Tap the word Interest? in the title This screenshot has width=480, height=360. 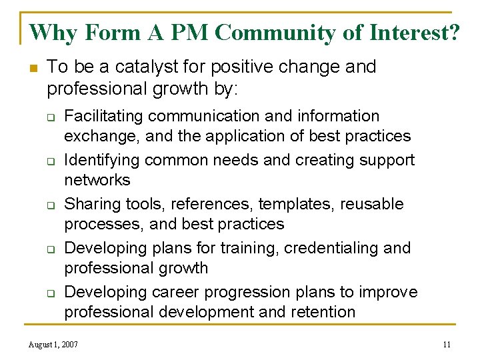420,32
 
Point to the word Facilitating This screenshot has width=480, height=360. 103,116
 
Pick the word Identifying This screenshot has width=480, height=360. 102,160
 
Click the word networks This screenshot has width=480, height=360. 97,180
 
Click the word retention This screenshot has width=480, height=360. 322,312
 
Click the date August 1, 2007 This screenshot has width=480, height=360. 53,345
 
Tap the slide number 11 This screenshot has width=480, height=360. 447,345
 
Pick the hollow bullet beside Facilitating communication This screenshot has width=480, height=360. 50,117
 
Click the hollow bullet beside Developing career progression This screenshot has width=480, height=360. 50,293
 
